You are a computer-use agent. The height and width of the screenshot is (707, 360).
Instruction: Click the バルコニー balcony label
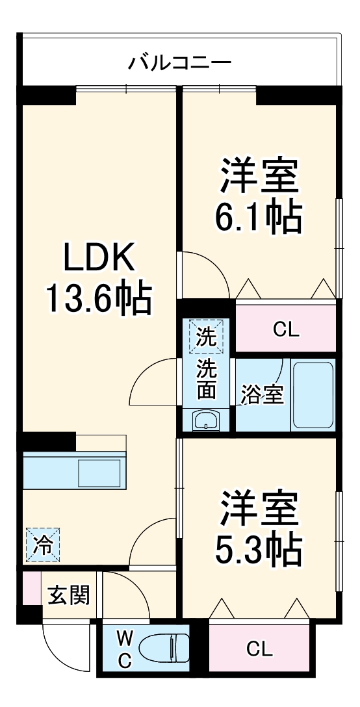tap(179, 63)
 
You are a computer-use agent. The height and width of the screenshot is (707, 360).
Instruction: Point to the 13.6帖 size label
tap(99, 298)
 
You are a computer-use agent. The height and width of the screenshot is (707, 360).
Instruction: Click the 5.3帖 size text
tap(259, 549)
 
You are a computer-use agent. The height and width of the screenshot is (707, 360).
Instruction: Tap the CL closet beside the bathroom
tap(285, 329)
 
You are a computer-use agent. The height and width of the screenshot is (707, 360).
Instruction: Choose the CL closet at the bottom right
tap(259, 649)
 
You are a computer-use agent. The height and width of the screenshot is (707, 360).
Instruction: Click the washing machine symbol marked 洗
tap(206, 337)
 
